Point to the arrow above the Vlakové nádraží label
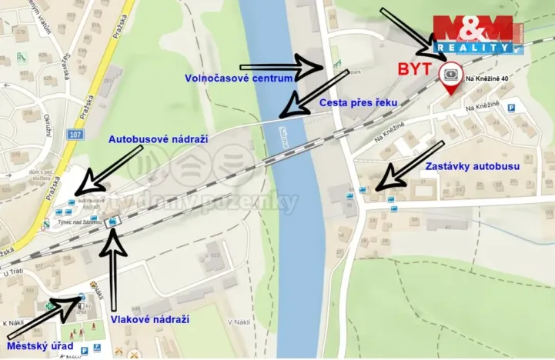click(115, 265)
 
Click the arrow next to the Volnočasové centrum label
click(283, 68)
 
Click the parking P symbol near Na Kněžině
click(510, 109)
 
